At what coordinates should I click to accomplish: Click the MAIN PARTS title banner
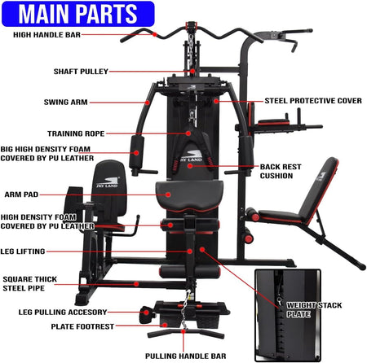coord(78,14)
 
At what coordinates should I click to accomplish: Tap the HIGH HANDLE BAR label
coord(46,35)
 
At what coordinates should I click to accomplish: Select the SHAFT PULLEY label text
coord(81,72)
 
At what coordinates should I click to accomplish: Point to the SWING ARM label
coord(66,103)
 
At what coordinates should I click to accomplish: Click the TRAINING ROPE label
coord(76,133)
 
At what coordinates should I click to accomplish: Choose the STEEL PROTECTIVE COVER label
coord(313,101)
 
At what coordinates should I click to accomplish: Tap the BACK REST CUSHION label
coord(281,171)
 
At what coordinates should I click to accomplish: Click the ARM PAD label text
coord(21,195)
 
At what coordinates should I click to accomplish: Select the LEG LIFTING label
coord(23,251)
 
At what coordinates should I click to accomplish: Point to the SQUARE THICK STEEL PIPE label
coord(30,283)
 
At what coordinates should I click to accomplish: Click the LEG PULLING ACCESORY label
coord(63,312)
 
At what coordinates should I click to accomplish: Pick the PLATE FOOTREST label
coord(82,326)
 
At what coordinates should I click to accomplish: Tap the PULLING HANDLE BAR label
coord(186,356)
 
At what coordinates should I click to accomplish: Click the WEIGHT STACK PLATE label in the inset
coord(314,309)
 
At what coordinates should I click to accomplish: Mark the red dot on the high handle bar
coord(155,34)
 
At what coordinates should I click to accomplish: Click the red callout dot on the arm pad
coord(168,195)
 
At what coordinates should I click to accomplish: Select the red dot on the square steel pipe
coord(136,284)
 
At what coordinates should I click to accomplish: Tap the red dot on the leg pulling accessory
coord(147,313)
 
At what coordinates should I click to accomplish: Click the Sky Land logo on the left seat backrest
coord(108,182)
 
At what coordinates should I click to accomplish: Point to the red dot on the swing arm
coord(148,103)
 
